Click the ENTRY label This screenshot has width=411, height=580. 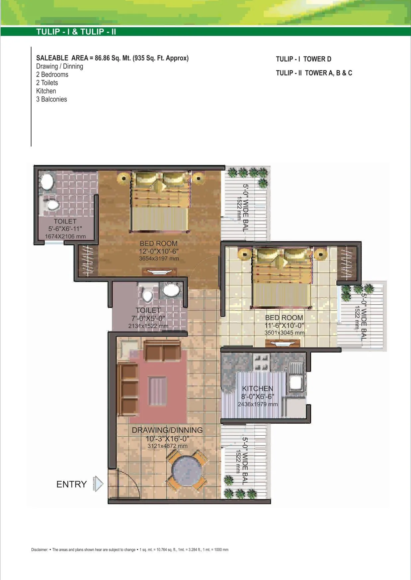(x=71, y=484)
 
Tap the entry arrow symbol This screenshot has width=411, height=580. (x=98, y=484)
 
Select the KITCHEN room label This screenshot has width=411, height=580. (x=258, y=388)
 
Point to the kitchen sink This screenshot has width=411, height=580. (x=295, y=383)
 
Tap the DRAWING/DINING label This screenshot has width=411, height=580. (x=167, y=430)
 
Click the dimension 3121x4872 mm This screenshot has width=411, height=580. (x=167, y=446)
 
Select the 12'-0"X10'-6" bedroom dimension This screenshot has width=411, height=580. (x=159, y=251)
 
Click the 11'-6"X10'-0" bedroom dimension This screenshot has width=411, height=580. (x=284, y=325)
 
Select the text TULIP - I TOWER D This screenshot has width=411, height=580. (x=303, y=59)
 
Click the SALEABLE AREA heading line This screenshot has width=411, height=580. (x=112, y=58)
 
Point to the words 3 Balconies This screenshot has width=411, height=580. (x=51, y=99)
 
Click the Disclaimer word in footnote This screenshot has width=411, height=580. (x=40, y=550)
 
